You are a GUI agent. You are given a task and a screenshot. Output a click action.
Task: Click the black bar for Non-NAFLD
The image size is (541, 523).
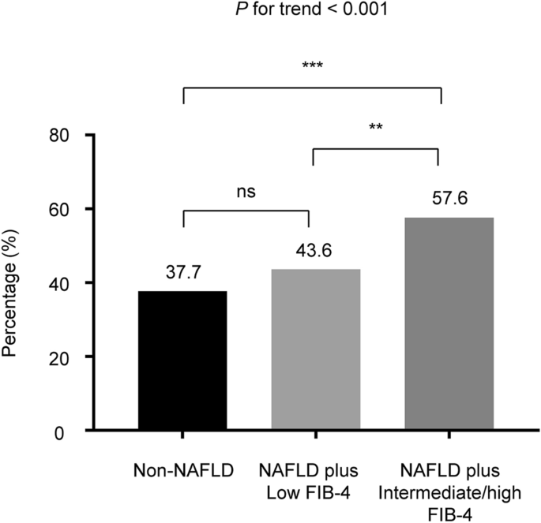coord(182,360)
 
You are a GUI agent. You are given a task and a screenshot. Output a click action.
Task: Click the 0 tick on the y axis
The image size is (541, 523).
coord(73,431)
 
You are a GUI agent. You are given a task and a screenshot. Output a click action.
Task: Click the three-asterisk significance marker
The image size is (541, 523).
coord(313,65)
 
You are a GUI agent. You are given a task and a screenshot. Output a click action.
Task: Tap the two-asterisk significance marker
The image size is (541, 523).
coord(376,125)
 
